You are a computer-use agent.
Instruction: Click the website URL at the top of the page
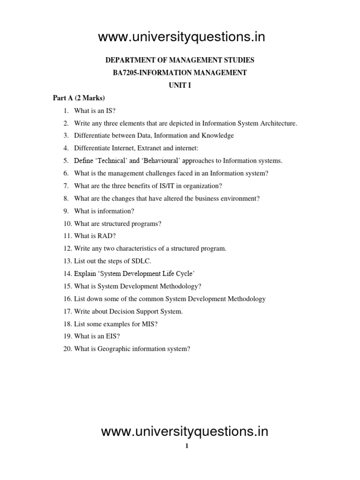181,37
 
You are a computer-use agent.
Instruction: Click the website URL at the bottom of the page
185,431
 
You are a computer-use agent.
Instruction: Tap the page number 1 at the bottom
187,447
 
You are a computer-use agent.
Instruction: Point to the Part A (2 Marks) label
79,98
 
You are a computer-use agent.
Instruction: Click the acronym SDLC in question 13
141,261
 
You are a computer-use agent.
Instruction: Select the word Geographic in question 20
110,349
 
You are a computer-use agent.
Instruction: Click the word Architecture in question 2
277,123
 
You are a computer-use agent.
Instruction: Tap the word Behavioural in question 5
163,161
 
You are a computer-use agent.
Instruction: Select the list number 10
67,224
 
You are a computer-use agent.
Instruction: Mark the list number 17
67,311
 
